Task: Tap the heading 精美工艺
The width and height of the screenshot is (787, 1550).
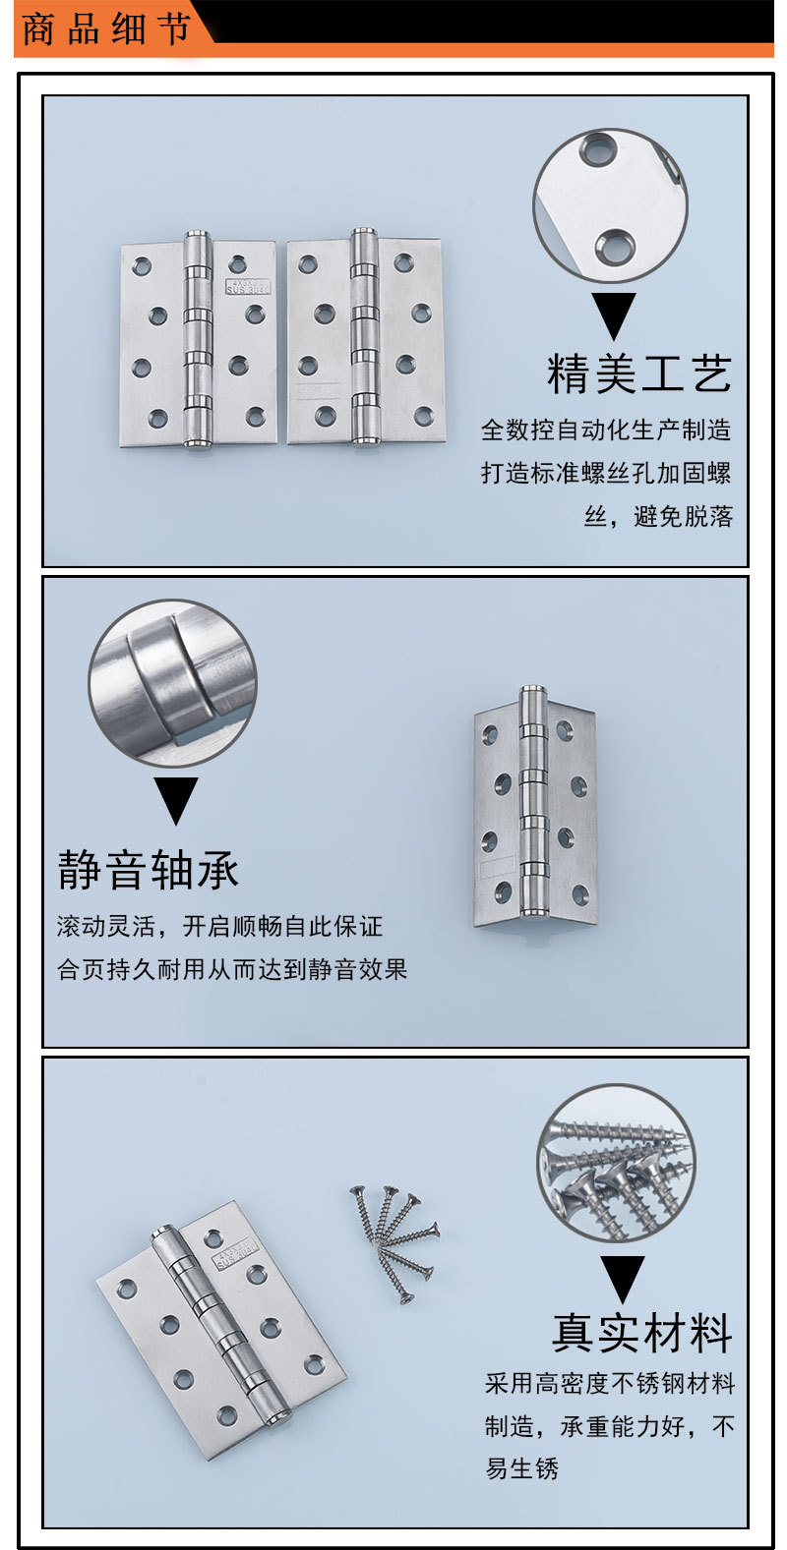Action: click(639, 374)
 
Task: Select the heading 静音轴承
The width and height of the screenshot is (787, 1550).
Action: click(149, 870)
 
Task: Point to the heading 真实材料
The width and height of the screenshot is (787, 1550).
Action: click(642, 1333)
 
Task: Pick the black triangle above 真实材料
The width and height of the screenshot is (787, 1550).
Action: click(622, 1278)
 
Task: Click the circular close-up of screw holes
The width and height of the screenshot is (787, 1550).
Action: click(610, 205)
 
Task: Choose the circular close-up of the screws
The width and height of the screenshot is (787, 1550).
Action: click(616, 1164)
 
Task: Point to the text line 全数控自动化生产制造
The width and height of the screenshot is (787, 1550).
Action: click(606, 430)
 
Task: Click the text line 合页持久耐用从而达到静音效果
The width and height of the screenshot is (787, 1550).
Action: click(232, 969)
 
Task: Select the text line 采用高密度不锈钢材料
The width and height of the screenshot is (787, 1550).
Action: click(610, 1384)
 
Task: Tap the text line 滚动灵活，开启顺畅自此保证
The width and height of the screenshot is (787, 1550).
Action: click(219, 926)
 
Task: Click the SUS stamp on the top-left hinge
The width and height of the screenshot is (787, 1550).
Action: click(248, 286)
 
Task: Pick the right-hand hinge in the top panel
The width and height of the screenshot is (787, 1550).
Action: click(365, 339)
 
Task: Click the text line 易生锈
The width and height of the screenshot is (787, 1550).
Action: click(521, 1468)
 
